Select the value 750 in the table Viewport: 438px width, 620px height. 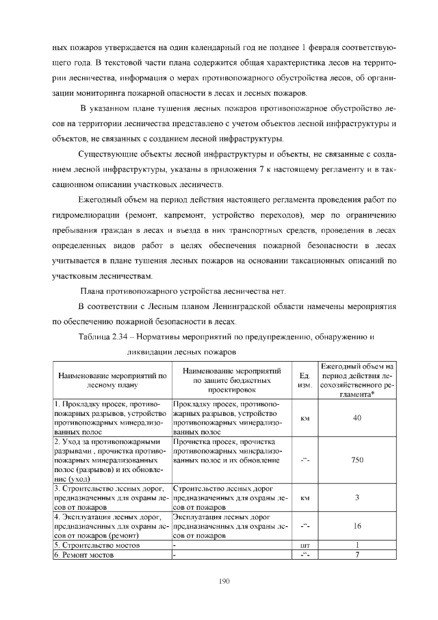357,460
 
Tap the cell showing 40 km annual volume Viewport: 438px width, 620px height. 357,418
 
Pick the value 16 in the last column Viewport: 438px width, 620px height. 357,526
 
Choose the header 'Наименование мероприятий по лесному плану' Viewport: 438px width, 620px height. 113,380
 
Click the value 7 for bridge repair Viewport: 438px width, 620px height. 357,554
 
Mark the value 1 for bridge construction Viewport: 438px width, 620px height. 357,545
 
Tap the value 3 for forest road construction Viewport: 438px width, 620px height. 357,498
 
